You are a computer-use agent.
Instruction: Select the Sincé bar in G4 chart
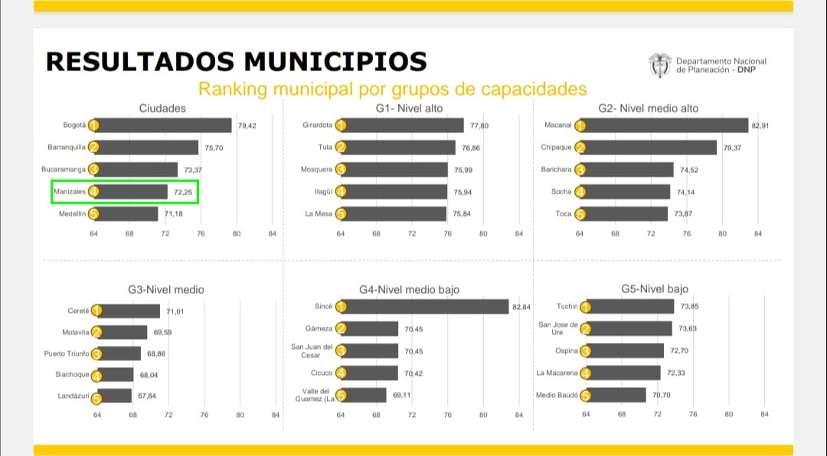pos(425,307)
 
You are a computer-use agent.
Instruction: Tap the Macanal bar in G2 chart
pos(665,125)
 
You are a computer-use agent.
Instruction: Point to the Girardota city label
pos(318,125)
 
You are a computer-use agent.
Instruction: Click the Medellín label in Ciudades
pos(72,214)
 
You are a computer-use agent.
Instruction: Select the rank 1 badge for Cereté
pos(96,311)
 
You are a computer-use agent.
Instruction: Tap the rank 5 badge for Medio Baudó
pos(586,396)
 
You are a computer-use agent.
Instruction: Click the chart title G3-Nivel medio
pos(166,290)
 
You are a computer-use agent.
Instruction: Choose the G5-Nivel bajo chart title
pos(655,289)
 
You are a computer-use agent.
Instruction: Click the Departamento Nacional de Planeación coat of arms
pos(659,66)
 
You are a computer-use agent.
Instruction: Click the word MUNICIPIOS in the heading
pos(335,60)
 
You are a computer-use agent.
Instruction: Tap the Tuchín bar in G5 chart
pos(629,307)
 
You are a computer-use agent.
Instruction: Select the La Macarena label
pos(557,373)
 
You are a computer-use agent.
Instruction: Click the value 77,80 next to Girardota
pos(480,125)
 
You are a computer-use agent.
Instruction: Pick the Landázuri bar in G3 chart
pos(115,396)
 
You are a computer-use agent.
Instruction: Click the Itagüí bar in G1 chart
pos(394,191)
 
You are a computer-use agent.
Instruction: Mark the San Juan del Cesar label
pos(311,351)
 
